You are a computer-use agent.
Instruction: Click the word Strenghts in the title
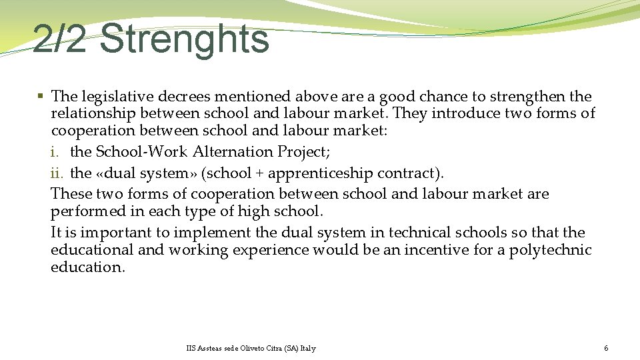[x=185, y=39]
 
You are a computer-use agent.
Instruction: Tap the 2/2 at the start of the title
[x=59, y=39]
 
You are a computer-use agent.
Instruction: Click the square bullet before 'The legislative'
[x=41, y=97]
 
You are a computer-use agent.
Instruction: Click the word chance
[x=423, y=97]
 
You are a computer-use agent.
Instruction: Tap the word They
[x=411, y=113]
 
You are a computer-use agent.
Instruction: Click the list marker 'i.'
[x=55, y=152]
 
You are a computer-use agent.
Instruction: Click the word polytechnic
[x=550, y=250]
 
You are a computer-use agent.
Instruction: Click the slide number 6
[x=606, y=349]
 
